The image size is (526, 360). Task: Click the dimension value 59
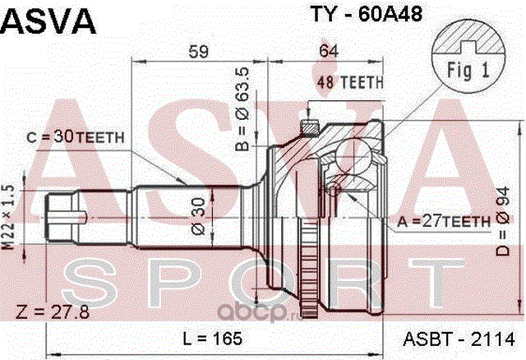[x=198, y=50]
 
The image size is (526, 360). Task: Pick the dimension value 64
[x=329, y=50]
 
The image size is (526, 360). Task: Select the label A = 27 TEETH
[x=440, y=220]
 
